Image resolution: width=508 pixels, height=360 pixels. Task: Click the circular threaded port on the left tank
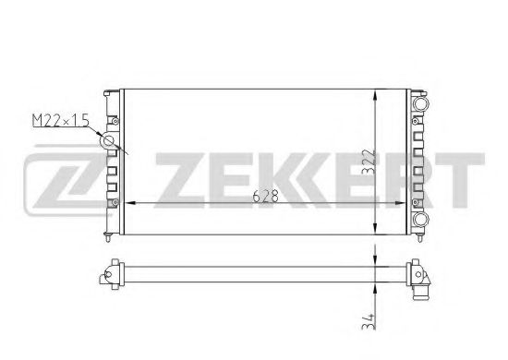coord(109,141)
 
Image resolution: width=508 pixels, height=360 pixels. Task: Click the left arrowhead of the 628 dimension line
coord(127,202)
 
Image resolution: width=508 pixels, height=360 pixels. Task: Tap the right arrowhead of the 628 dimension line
coord(404,202)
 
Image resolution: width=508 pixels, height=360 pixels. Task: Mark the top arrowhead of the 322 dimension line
coord(374,94)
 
